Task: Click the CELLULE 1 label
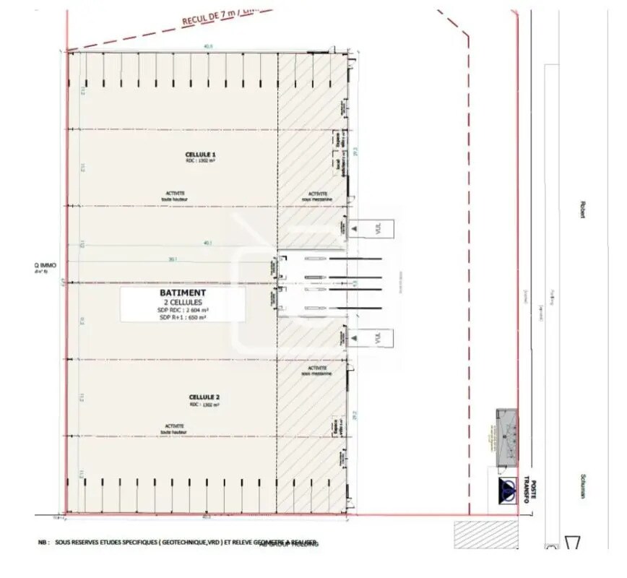tap(201, 155)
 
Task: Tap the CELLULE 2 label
tap(204, 397)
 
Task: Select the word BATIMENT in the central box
tap(183, 293)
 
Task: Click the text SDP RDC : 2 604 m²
tap(183, 309)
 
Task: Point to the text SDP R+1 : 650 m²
tap(183, 316)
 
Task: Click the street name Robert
tap(580, 209)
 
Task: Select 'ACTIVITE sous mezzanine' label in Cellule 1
tap(317, 196)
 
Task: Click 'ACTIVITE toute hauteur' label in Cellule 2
tap(173, 429)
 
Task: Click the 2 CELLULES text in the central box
tap(183, 302)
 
